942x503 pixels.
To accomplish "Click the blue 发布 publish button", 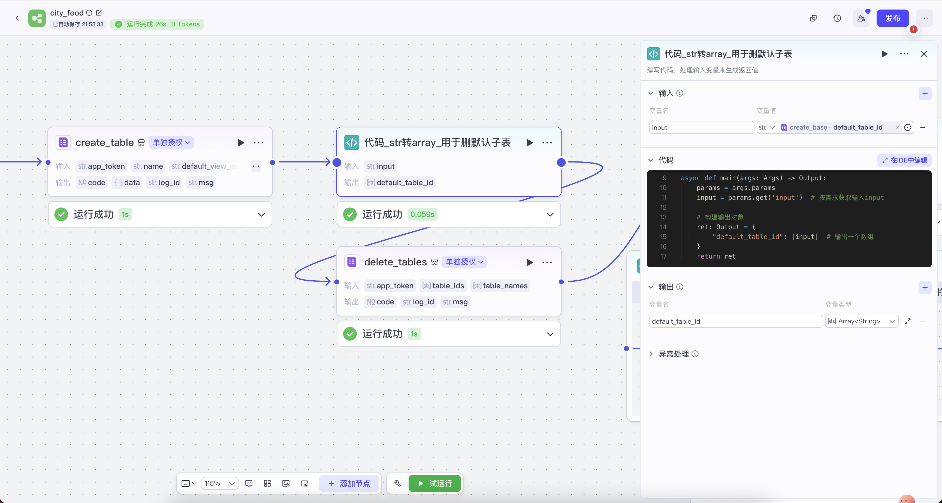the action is tap(892, 18).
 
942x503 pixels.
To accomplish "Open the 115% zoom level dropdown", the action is tap(219, 483).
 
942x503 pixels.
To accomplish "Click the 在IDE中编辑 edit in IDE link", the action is tap(904, 160).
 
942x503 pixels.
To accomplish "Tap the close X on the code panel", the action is tap(924, 54).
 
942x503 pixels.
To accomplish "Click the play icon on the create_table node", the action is tap(241, 142).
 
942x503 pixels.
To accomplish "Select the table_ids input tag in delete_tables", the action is tap(443, 286).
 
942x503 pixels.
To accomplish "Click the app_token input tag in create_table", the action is tap(101, 166).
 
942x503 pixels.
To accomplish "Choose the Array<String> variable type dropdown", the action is tap(861, 321).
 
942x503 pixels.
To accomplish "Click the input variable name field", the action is tap(701, 127).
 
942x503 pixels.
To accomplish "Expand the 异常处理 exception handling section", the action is tap(673, 354).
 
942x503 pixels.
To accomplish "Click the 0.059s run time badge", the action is tap(422, 214).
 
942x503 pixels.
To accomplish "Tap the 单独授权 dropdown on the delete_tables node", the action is tap(464, 262).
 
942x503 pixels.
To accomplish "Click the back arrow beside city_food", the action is tap(17, 18).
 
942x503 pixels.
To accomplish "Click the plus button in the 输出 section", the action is tap(925, 287).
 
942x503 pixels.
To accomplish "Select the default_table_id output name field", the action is tap(735, 321).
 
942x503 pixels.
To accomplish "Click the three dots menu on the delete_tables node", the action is tap(547, 262).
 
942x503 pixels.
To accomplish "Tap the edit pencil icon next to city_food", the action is tap(99, 13).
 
